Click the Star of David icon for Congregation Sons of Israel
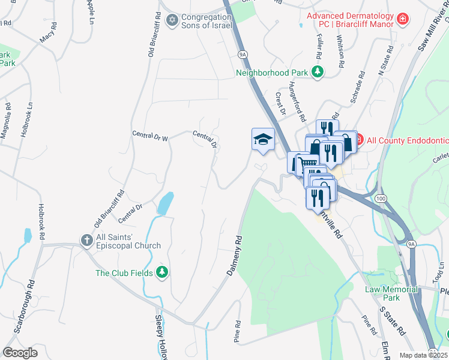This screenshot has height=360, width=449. tap(172, 20)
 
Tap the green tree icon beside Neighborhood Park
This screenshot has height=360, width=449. tap(318, 73)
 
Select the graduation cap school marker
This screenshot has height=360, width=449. tap(262, 140)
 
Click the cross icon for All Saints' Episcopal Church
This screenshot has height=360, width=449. tap(86, 241)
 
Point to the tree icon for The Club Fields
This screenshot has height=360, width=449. tap(161, 272)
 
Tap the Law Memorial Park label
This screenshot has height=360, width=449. tap(391, 293)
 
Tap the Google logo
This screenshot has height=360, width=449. tap(20, 352)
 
